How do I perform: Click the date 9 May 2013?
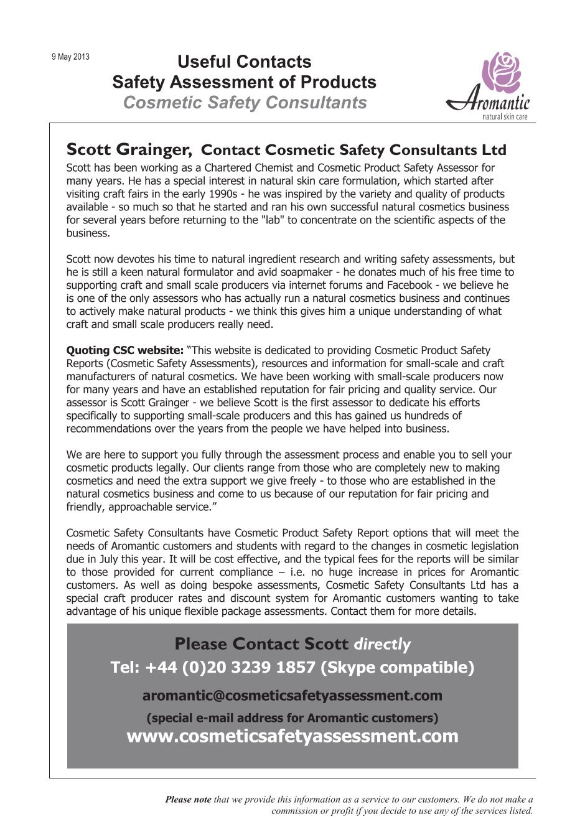(x=70, y=57)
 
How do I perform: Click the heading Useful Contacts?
(x=244, y=62)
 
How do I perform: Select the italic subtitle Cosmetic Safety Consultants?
(x=245, y=103)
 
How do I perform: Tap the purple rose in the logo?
(x=502, y=72)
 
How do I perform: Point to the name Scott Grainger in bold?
(x=128, y=150)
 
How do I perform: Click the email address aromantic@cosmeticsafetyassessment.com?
(x=292, y=695)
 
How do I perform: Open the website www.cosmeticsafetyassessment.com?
(x=292, y=736)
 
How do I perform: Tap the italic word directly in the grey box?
(x=382, y=644)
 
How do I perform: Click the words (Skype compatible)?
(x=397, y=668)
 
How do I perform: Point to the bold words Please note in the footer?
(x=188, y=800)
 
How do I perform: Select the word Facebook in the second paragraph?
(x=409, y=285)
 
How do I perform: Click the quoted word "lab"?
(x=274, y=220)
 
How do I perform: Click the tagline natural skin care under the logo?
(x=505, y=116)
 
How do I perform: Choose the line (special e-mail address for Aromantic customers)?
(x=292, y=717)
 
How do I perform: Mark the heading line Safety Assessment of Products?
(x=244, y=82)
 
